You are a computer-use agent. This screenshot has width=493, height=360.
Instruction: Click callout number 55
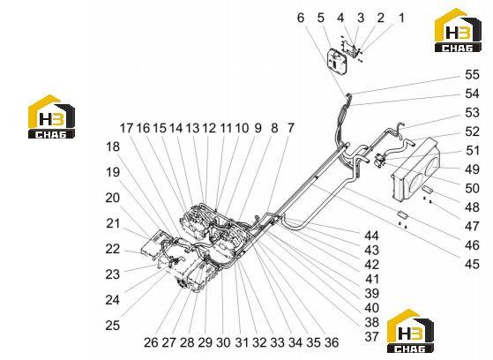point(472,75)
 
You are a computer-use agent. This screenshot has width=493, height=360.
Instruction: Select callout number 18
point(113,147)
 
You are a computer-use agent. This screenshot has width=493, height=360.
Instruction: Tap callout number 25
point(113,325)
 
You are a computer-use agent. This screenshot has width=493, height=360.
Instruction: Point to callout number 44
point(371,236)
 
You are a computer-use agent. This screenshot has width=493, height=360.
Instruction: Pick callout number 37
point(371,337)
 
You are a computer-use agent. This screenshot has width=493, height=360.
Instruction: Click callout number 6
point(301,18)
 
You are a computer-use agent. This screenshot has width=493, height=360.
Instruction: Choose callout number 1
point(401,18)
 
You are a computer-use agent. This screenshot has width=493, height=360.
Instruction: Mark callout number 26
point(151,342)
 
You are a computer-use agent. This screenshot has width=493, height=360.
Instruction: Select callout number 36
point(332,342)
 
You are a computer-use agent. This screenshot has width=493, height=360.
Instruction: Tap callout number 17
point(127,128)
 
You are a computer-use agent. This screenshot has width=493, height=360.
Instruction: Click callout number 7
point(291,128)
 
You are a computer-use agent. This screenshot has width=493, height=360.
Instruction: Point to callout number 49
point(472,169)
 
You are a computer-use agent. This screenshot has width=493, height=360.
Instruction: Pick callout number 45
point(472,264)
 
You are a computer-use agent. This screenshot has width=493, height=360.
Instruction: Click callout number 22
point(113,249)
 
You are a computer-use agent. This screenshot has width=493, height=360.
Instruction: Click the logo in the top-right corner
point(458,30)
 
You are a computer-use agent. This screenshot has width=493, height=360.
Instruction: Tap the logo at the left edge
point(51,116)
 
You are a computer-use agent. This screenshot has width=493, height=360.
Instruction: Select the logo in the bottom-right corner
point(410,331)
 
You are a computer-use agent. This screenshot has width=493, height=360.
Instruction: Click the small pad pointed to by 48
point(428,189)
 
